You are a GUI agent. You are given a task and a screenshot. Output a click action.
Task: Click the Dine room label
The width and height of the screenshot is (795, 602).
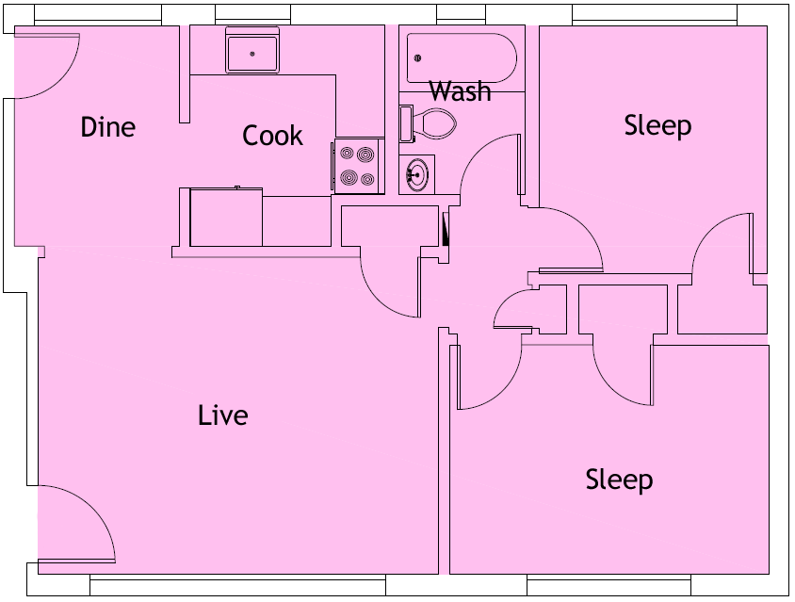tap(108, 127)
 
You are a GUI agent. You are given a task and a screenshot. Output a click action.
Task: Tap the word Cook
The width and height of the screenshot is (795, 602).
tap(272, 136)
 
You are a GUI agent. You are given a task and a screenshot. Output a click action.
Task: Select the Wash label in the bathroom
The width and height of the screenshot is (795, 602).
tap(460, 91)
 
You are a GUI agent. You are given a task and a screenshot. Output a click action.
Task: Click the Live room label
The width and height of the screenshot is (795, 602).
tap(223, 415)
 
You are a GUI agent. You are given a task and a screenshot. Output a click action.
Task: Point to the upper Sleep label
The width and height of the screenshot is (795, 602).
tap(657, 125)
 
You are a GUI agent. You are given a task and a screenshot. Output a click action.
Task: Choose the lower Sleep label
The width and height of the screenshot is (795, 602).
tap(619, 480)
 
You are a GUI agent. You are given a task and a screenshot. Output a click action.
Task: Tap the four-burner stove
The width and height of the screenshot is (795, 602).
tap(358, 167)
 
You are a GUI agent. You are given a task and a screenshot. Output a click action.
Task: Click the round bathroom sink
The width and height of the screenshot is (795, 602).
tap(415, 174)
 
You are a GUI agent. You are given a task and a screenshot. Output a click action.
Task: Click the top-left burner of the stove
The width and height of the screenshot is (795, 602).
tap(347, 153)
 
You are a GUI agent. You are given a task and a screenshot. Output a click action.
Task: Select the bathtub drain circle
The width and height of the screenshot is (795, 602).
tap(416, 58)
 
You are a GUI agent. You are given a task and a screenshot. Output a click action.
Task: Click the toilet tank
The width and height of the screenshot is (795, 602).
tap(406, 122)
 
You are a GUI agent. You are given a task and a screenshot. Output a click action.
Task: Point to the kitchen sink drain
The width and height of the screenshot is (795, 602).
tap(252, 54)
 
